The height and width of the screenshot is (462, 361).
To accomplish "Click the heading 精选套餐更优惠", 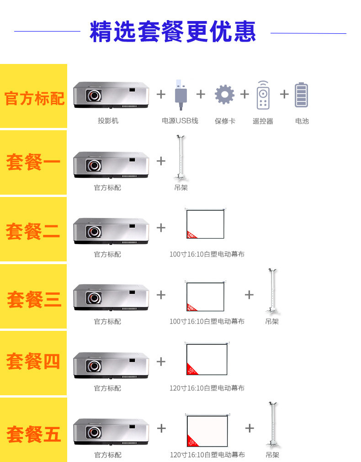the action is pyautogui.click(x=173, y=32).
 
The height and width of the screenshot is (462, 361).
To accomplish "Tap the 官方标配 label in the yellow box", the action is pyautogui.click(x=34, y=98).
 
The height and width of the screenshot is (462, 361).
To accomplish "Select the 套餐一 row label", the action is pyautogui.click(x=33, y=163).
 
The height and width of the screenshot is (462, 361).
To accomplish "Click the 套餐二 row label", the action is pyautogui.click(x=33, y=231).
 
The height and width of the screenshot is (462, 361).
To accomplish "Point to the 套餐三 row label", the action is pyautogui.click(x=34, y=299).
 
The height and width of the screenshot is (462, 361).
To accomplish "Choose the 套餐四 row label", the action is pyautogui.click(x=33, y=362).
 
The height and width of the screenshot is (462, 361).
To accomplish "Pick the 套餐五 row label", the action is pyautogui.click(x=34, y=434).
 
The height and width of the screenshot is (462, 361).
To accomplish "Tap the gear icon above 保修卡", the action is pyautogui.click(x=224, y=95).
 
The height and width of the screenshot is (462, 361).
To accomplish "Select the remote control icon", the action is pyautogui.click(x=263, y=95).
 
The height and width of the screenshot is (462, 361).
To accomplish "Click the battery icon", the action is pyautogui.click(x=301, y=95).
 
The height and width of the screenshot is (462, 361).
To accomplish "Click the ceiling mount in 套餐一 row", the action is pyautogui.click(x=180, y=158).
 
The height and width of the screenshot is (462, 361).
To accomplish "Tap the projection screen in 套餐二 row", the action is pyautogui.click(x=205, y=224).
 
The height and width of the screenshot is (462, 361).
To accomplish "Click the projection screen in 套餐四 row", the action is pyautogui.click(x=207, y=359).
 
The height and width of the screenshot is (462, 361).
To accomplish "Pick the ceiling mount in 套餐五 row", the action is pyautogui.click(x=273, y=425).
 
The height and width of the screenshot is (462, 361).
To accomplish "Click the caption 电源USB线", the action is pyautogui.click(x=180, y=121).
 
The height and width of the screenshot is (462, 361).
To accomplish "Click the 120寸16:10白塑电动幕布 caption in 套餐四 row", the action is pyautogui.click(x=207, y=388).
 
